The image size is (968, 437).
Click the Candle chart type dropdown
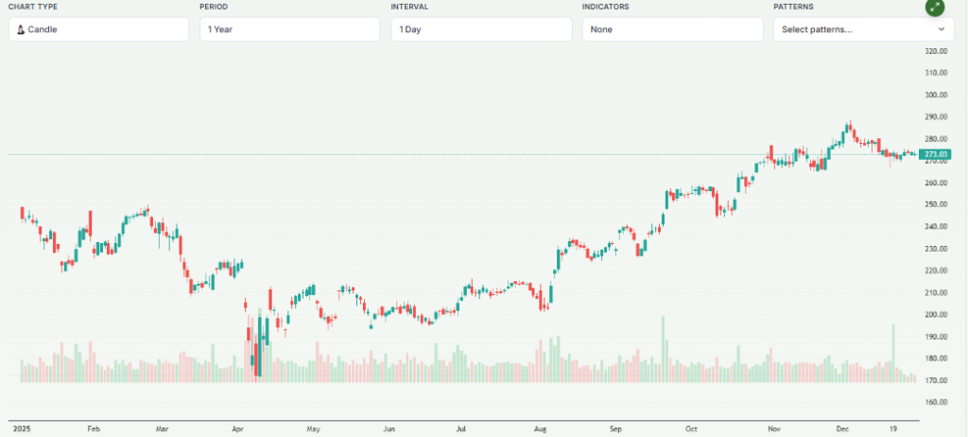(x=98, y=29)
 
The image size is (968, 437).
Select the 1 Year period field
(x=289, y=29)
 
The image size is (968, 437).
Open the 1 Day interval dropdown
(x=481, y=29)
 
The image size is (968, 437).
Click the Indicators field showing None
(x=672, y=29)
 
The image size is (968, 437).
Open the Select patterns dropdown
(x=863, y=29)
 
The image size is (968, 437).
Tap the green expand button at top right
(x=934, y=7)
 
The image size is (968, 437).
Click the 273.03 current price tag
(x=934, y=154)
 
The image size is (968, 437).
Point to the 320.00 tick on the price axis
(x=936, y=51)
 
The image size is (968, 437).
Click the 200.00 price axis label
(x=936, y=315)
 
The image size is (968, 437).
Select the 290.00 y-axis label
(x=936, y=117)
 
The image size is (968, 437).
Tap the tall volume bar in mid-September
(x=664, y=349)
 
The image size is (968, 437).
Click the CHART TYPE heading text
(x=32, y=7)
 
